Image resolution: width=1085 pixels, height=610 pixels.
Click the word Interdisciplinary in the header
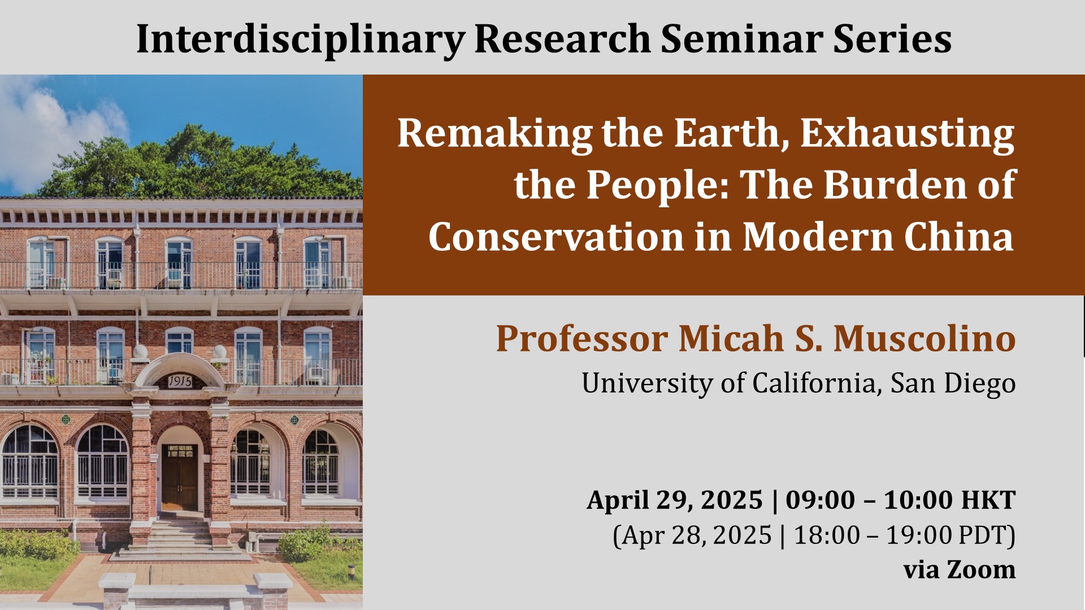[x=301, y=40]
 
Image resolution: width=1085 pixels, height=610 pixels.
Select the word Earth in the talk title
[x=732, y=134]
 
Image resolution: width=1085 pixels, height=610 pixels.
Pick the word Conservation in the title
[x=555, y=237]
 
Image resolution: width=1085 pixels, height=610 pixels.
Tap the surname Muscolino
[x=925, y=338]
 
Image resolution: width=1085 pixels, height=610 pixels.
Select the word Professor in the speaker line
[x=582, y=339]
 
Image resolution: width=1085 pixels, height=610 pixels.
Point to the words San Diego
[x=953, y=384]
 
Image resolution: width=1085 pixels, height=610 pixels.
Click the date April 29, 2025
[x=675, y=500]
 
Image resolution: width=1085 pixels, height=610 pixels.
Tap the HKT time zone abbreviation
[x=989, y=500]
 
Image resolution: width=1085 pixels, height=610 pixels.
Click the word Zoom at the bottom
[x=981, y=569]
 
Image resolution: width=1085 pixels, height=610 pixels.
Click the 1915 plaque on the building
[x=180, y=382]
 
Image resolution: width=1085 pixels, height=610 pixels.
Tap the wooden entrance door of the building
[x=180, y=478]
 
